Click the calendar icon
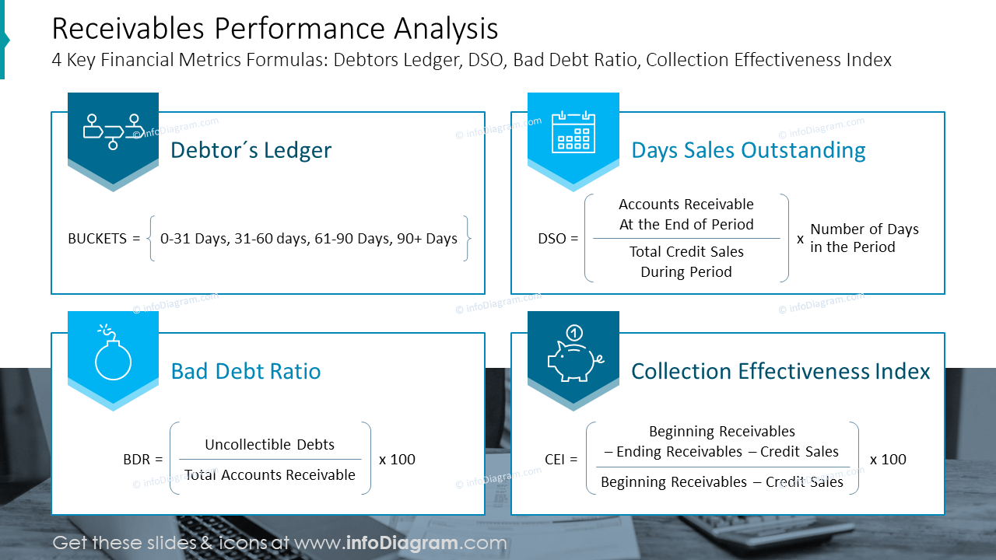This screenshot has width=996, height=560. click(x=573, y=132)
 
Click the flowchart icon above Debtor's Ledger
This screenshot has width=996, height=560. click(x=114, y=131)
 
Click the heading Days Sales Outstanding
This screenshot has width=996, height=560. click(x=749, y=150)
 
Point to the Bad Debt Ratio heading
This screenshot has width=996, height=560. click(x=245, y=371)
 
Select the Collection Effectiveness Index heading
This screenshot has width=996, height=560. click(x=780, y=371)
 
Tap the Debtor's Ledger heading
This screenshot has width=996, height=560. click(x=251, y=150)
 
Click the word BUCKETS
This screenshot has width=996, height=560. click(x=97, y=239)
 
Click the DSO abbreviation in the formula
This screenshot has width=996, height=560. click(x=552, y=239)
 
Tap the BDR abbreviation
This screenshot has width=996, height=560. click(x=136, y=459)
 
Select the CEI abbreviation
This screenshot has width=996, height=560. click(x=555, y=459)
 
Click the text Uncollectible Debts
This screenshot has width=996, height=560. click(x=269, y=444)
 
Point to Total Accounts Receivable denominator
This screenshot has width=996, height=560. click(x=270, y=474)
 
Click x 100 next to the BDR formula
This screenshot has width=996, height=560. click(x=397, y=459)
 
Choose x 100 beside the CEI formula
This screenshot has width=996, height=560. click(x=888, y=459)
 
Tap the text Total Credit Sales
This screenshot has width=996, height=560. click(x=686, y=251)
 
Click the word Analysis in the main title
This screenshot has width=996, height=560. click(x=446, y=30)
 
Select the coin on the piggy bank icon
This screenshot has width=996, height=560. click(x=574, y=332)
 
